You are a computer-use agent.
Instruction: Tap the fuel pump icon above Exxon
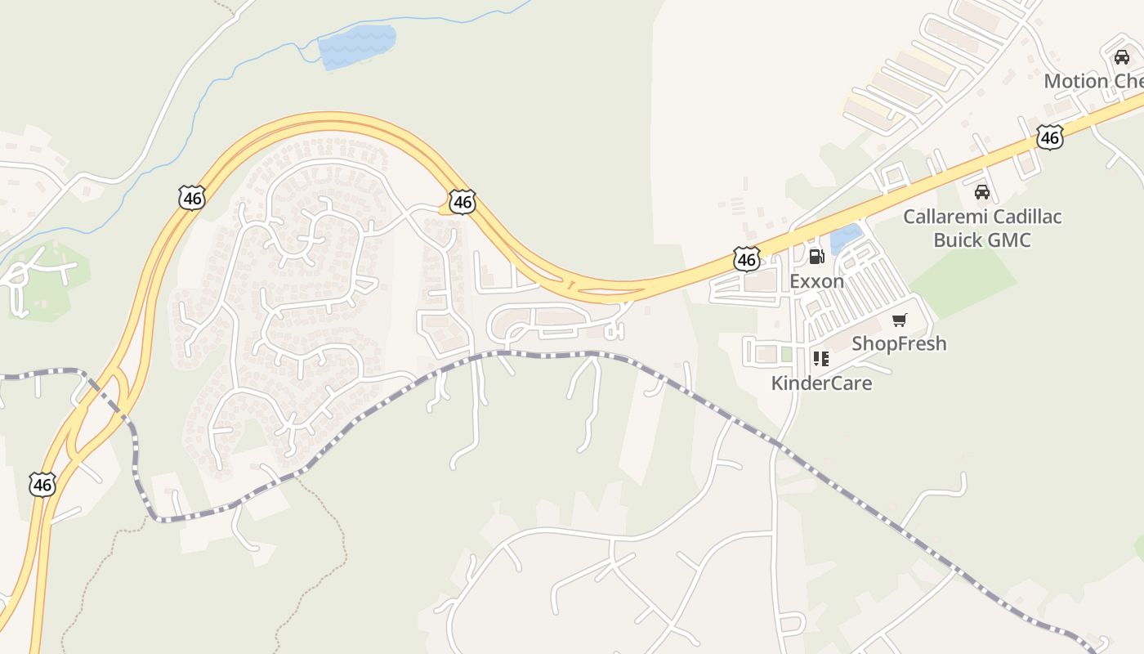pyautogui.click(x=816, y=257)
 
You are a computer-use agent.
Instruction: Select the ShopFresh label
pyautogui.click(x=899, y=343)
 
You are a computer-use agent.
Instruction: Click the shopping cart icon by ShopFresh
pyautogui.click(x=900, y=320)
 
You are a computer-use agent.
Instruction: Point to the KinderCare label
pyautogui.click(x=821, y=383)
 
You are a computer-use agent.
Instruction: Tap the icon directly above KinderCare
pyautogui.click(x=821, y=358)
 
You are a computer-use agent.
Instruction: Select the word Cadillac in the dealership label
pyautogui.click(x=1025, y=217)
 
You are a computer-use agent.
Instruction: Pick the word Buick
pyautogui.click(x=959, y=240)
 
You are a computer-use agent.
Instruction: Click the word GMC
pyautogui.click(x=1010, y=240)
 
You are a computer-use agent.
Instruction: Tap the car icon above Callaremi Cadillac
pyautogui.click(x=982, y=192)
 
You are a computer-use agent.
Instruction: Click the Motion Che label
pyautogui.click(x=1093, y=81)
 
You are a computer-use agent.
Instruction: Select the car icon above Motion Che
pyautogui.click(x=1122, y=57)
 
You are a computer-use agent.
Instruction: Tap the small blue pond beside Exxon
pyautogui.click(x=845, y=238)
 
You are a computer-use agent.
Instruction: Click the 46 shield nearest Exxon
pyautogui.click(x=746, y=259)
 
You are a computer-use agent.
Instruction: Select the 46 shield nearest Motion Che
pyautogui.click(x=1049, y=137)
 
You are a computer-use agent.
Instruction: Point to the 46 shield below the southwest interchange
pyautogui.click(x=42, y=484)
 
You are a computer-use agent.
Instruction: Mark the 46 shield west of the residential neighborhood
pyautogui.click(x=191, y=197)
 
